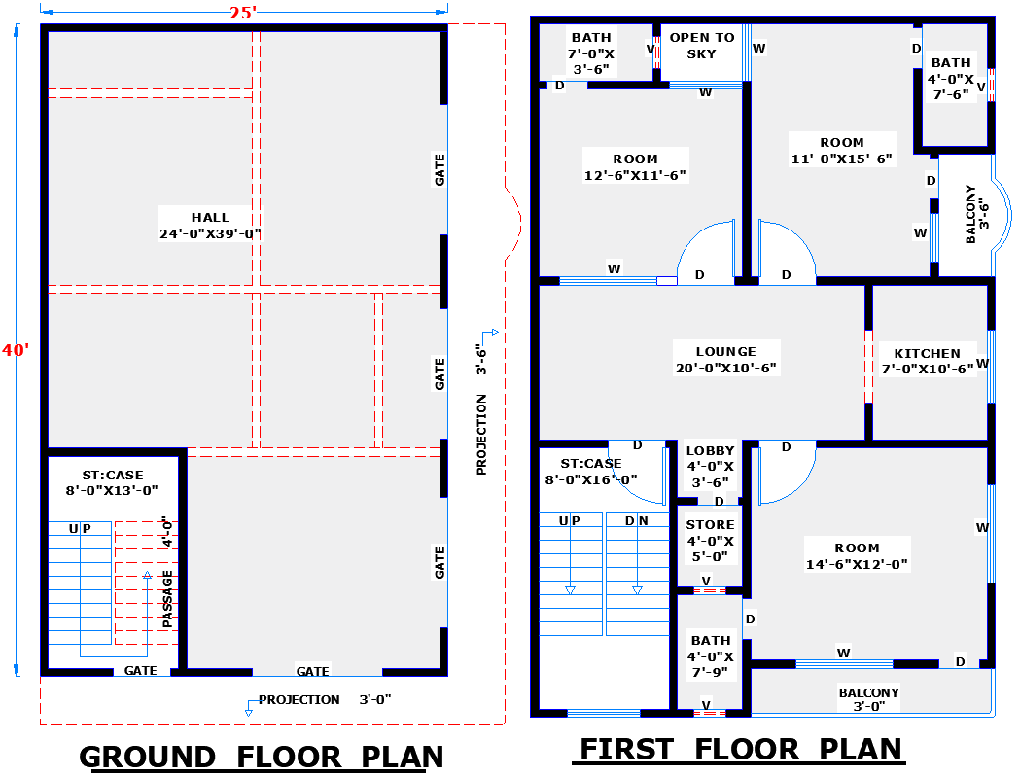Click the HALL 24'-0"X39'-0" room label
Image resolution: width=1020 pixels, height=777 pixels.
[211, 226]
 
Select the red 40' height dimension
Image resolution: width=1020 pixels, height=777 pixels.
[16, 350]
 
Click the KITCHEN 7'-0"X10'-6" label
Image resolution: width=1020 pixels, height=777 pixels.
[928, 361]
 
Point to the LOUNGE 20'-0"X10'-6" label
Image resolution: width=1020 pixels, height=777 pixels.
[725, 360]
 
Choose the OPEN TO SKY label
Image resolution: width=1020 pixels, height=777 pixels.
[702, 46]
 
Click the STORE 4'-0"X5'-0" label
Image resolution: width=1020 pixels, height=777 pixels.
[711, 541]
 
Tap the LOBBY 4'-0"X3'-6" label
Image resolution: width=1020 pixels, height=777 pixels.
[711, 466]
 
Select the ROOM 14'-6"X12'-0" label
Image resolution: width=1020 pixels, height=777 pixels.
[856, 556]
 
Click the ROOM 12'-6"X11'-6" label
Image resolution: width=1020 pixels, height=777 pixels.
[635, 167]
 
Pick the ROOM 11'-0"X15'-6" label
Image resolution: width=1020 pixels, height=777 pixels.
[841, 151]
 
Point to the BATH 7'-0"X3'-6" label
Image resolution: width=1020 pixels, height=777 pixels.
[590, 53]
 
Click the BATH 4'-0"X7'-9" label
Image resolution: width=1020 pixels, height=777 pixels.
[711, 656]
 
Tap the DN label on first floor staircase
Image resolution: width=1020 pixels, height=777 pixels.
[637, 521]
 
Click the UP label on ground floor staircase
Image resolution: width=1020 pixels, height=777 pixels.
[80, 528]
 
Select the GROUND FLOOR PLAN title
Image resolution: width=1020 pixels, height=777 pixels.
[261, 757]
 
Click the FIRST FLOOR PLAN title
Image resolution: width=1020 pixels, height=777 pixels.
[741, 750]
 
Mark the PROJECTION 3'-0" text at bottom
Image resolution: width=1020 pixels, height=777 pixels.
[325, 699]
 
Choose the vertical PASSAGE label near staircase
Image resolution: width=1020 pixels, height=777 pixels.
[168, 597]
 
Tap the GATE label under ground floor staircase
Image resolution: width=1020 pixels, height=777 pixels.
[141, 671]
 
